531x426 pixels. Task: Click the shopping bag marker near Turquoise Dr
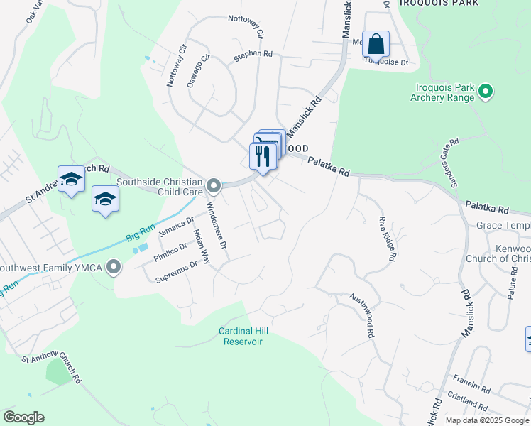(376, 44)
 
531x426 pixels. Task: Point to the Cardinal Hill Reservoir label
(241, 336)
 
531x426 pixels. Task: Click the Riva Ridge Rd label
(386, 240)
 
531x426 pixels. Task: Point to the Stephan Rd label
(257, 53)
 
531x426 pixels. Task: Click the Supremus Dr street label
(176, 273)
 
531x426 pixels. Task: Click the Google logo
(23, 417)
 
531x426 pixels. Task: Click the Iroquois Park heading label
(439, 4)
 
